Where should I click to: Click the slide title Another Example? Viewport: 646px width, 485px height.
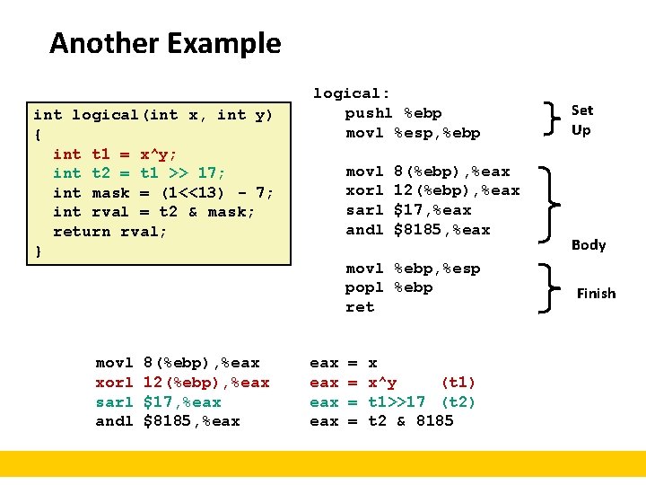pyautogui.click(x=165, y=43)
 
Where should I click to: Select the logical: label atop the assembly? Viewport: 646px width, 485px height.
pyautogui.click(x=351, y=93)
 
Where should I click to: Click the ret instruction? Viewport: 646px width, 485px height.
pyautogui.click(x=360, y=307)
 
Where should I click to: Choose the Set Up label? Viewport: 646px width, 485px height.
pyautogui.click(x=582, y=119)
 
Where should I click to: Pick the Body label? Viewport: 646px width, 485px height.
pyautogui.click(x=589, y=244)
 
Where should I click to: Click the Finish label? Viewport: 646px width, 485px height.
pyautogui.click(x=596, y=293)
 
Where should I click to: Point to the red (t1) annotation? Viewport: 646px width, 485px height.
pyautogui.click(x=458, y=383)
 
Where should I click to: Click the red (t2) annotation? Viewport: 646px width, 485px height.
pyautogui.click(x=458, y=401)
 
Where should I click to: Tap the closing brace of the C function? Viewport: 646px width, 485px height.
pyautogui.click(x=38, y=251)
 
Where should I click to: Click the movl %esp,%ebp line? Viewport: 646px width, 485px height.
pyautogui.click(x=413, y=133)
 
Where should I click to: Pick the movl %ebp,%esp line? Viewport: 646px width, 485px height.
pyautogui.click(x=413, y=269)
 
